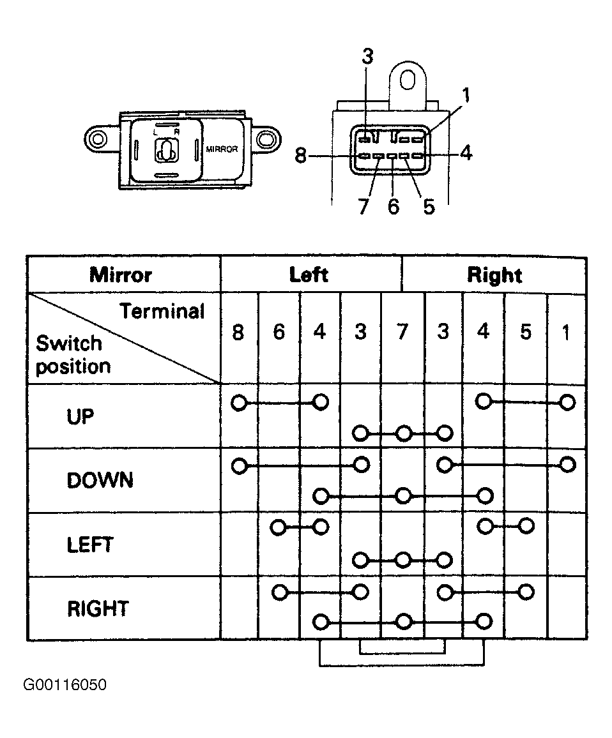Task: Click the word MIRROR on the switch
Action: [x=222, y=149]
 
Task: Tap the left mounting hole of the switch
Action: [x=98, y=139]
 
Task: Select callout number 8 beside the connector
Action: [x=301, y=155]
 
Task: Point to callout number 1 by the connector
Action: [x=466, y=96]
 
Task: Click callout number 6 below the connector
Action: [x=394, y=206]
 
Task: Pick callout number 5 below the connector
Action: [x=429, y=206]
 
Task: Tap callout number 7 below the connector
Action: [x=363, y=206]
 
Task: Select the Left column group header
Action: [x=309, y=275]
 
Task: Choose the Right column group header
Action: [x=494, y=275]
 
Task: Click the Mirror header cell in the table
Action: [x=121, y=275]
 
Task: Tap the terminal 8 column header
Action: [x=238, y=332]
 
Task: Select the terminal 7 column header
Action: [x=402, y=332]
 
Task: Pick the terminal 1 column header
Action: [x=566, y=332]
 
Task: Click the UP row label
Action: [x=80, y=416]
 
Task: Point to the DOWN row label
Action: [x=100, y=481]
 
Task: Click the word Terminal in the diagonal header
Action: [x=162, y=311]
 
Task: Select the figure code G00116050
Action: [x=65, y=684]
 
